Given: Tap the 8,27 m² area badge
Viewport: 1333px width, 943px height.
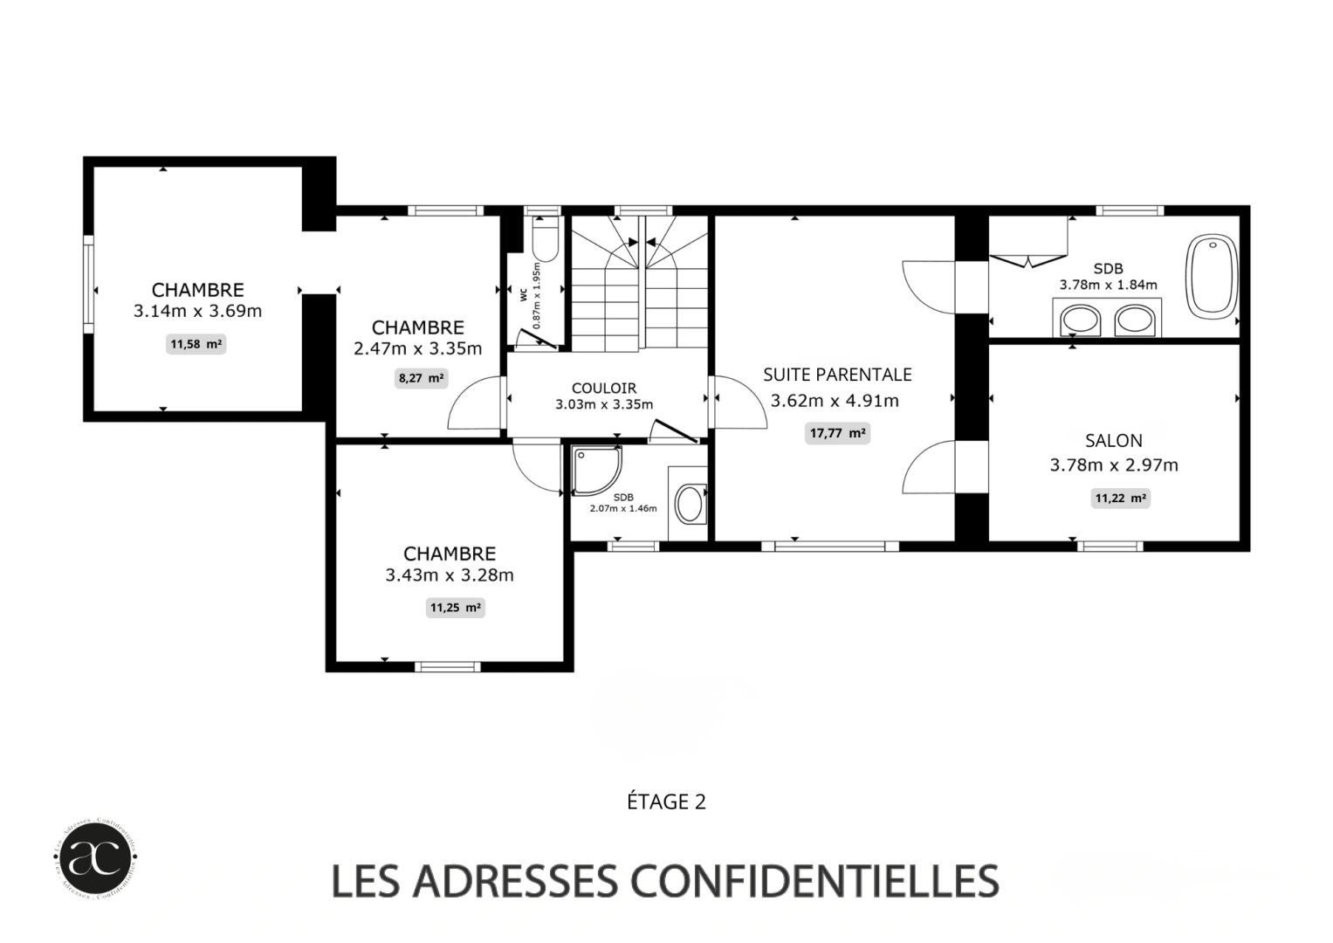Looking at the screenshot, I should click(421, 378).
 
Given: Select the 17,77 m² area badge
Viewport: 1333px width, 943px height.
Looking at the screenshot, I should click(837, 433).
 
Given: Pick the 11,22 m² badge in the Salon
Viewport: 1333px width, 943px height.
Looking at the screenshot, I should click(1120, 499).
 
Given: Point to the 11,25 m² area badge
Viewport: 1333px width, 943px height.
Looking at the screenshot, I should click(455, 608).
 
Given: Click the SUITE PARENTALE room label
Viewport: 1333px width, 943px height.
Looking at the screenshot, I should click(837, 375).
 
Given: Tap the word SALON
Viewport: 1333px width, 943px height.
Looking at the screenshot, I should click(1113, 441).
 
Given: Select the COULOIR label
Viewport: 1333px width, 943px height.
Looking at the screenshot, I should click(604, 389).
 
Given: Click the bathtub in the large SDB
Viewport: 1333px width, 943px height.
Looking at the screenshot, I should click(1212, 274).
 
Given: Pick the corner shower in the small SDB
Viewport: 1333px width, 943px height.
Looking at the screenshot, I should click(595, 471).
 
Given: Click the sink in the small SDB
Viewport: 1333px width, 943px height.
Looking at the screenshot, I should click(691, 505).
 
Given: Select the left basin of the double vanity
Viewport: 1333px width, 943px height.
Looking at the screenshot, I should click(1081, 320).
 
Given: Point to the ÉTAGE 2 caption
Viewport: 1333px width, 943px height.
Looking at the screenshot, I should click(666, 802).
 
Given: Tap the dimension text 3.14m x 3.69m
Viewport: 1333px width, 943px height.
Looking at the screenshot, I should click(197, 311).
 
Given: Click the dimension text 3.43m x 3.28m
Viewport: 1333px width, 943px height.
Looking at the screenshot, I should click(450, 575).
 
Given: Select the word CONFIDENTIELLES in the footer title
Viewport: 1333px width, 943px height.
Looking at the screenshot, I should click(814, 881).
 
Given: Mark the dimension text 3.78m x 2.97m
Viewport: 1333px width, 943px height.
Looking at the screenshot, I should click(1113, 465).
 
